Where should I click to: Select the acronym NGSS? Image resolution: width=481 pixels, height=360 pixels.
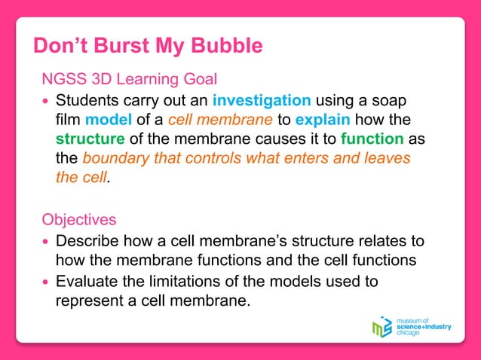65,79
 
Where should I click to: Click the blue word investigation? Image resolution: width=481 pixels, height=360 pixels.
262,100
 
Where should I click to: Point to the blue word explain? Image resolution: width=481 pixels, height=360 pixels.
320,120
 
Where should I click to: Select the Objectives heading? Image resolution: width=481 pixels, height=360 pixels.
79,220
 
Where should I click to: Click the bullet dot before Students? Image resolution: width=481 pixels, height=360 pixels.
47,101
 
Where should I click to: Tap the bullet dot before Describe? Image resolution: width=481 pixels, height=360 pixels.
47,242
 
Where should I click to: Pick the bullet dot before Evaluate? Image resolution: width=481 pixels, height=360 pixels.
47,282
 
